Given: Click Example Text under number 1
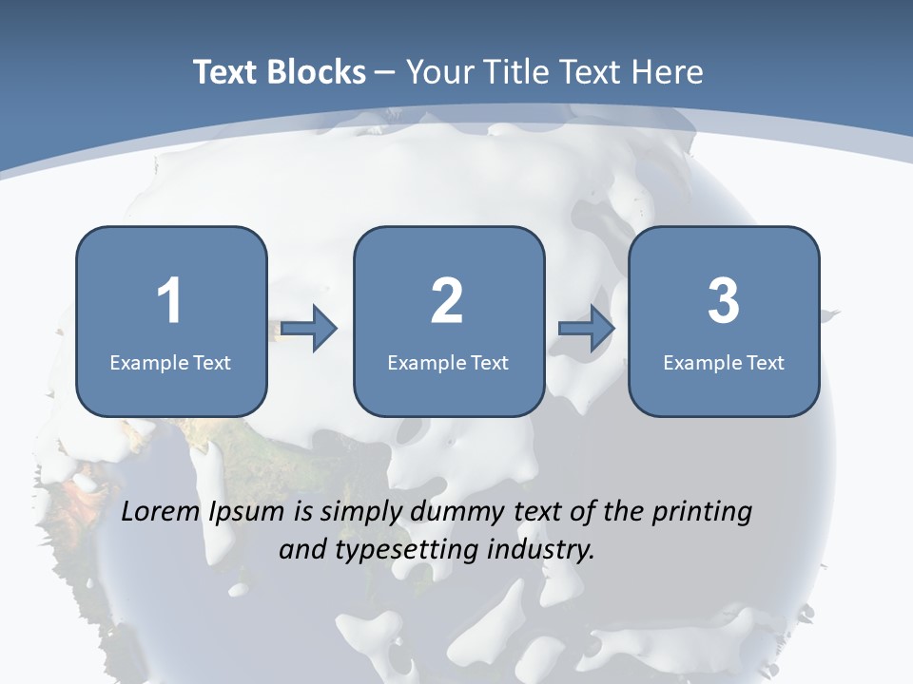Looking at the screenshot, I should click(170, 362).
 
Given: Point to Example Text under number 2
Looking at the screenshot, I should click(448, 362).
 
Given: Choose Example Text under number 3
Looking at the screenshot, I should click(724, 362).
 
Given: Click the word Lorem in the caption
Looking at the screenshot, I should click(163, 512).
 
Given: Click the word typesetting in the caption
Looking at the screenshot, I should click(397, 549).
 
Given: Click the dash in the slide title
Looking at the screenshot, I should click(385, 73).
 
